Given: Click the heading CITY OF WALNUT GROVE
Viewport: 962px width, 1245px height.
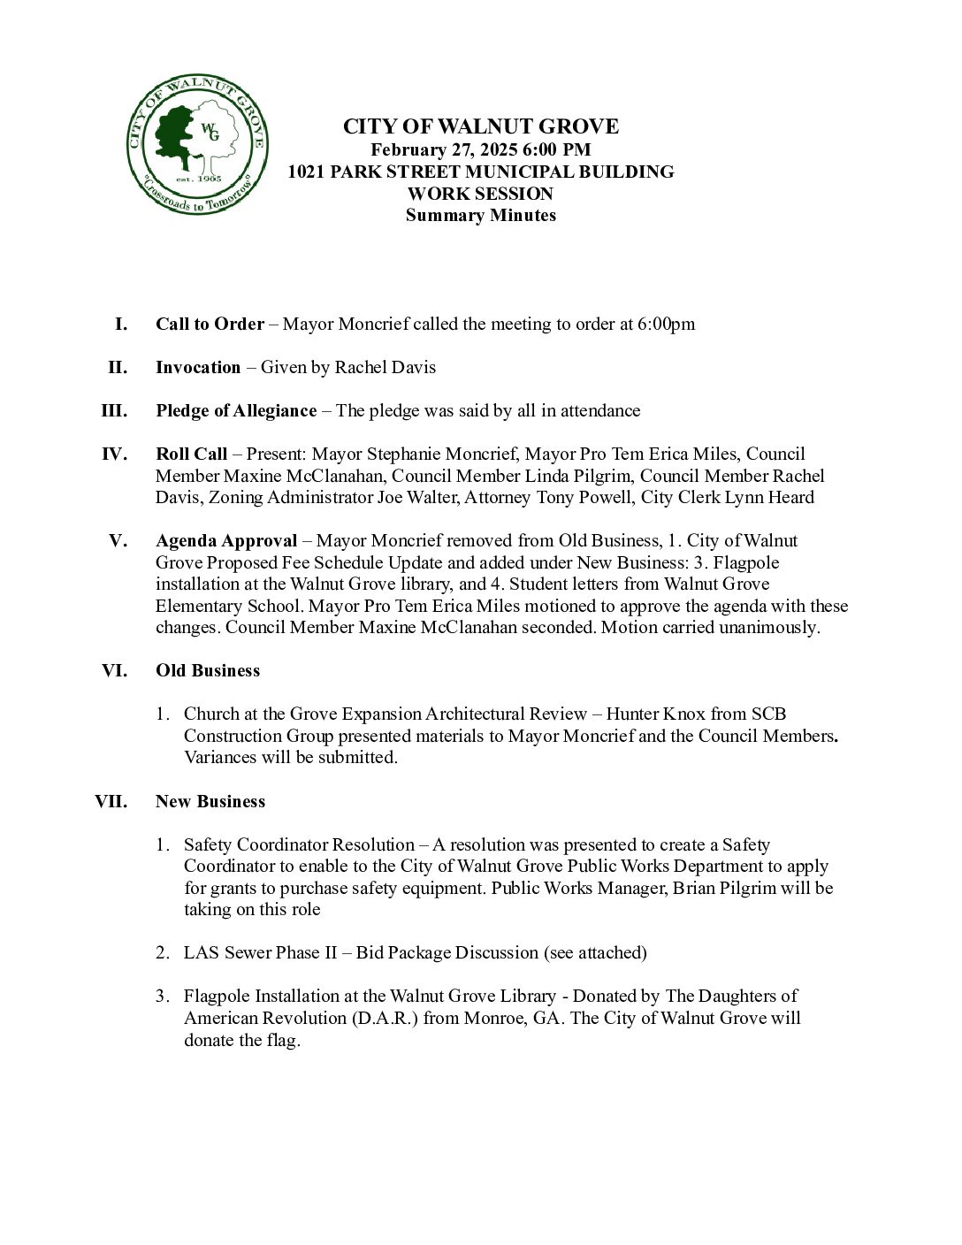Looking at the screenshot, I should coord(480,126).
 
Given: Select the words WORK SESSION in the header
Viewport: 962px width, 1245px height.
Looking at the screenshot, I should coord(480,194).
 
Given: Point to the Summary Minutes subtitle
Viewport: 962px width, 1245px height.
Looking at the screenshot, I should coord(480,215).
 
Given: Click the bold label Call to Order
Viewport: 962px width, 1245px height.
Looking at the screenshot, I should coord(210,324).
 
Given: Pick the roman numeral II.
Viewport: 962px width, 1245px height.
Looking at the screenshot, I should coord(118,367).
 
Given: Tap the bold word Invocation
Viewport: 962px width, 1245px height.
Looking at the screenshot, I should coord(198,367).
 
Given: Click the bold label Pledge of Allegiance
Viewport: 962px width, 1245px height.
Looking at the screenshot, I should coord(236,410).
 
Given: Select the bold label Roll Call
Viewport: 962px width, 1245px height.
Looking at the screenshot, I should coord(191,454).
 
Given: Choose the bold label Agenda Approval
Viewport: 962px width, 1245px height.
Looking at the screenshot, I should coord(226,540).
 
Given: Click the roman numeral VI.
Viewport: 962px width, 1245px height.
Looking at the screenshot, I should coord(115,670).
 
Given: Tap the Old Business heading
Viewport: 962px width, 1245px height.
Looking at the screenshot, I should coord(208,670).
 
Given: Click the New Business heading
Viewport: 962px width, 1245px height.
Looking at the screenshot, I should coord(210,801).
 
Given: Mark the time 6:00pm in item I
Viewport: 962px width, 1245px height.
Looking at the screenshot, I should coord(666,324).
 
